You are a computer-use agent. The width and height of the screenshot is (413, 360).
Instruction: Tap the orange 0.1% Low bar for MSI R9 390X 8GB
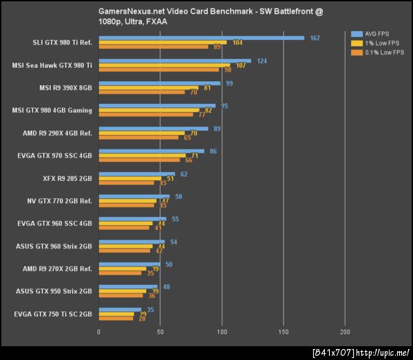tap(142, 92)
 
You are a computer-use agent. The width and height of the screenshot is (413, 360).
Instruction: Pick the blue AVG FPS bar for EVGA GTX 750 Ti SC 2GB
tap(120, 310)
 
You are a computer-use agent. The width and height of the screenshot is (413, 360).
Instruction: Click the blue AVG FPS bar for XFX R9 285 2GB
tap(136, 174)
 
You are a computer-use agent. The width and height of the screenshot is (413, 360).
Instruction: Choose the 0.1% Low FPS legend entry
tap(378, 52)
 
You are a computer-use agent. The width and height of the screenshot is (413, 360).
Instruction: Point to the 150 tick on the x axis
tap(283, 332)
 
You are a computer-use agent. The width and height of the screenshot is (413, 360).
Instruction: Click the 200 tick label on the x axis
tap(344, 332)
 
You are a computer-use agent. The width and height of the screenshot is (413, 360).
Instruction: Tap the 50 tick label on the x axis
tap(160, 332)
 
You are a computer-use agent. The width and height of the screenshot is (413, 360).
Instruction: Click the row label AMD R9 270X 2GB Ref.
tap(57, 268)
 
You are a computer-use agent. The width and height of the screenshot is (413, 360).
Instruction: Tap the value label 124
tap(262, 61)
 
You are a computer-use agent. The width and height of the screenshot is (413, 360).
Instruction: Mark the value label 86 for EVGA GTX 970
tap(213, 151)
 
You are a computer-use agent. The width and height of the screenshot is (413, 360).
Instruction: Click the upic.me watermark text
tap(361, 352)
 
